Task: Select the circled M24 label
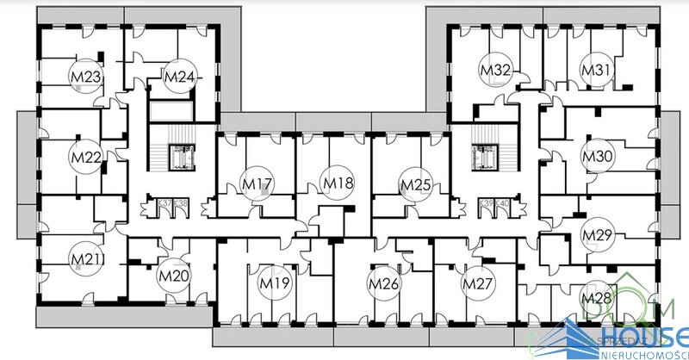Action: click(x=178, y=78)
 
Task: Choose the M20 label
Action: click(x=172, y=276)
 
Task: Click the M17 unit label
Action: click(x=257, y=183)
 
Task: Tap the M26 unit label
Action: click(x=384, y=282)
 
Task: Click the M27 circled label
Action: click(x=477, y=282)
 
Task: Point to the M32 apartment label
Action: click(x=497, y=69)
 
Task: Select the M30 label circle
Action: click(x=597, y=157)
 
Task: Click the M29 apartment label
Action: click(x=597, y=234)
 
